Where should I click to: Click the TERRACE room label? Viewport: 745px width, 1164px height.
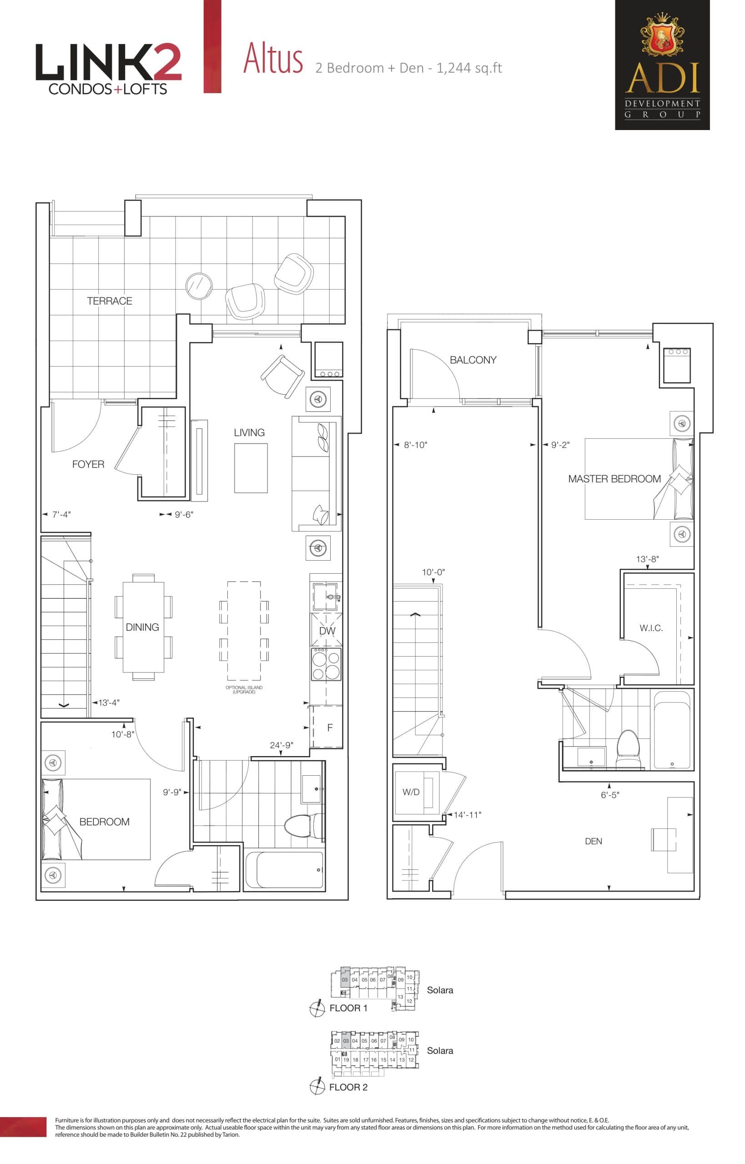point(109,301)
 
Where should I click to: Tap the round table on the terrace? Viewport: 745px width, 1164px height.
point(199,286)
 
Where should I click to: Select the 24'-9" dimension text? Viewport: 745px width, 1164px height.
point(282,745)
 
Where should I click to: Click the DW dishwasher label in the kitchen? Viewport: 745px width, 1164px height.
point(327,631)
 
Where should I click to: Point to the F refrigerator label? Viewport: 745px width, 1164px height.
point(330,727)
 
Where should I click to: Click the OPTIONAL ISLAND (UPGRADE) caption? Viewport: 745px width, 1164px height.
point(244,690)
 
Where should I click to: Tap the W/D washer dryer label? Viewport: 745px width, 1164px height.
point(411,792)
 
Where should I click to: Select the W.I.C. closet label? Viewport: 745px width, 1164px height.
point(651,628)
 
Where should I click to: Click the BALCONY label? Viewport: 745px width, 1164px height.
point(473,360)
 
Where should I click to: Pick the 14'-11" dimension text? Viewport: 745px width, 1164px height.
point(467,815)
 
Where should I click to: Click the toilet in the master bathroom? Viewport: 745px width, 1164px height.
point(629,748)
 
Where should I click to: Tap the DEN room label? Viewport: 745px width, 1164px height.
point(593,841)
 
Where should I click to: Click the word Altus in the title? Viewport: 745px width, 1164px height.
point(273,59)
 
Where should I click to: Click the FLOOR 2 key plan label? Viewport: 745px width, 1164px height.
point(348,1087)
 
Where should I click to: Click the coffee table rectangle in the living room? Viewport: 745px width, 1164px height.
point(251,467)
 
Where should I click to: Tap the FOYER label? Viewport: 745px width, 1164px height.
point(88,464)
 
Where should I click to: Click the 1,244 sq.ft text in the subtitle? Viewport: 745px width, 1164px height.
point(469,68)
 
